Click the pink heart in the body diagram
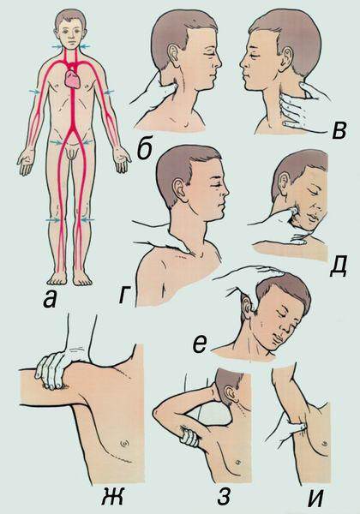point(73,80)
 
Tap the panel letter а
point(50,300)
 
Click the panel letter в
point(339,132)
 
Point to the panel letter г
point(124,296)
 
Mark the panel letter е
point(201,344)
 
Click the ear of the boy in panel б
point(174,53)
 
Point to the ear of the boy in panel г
point(180,191)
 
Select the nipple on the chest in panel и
point(324,442)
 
